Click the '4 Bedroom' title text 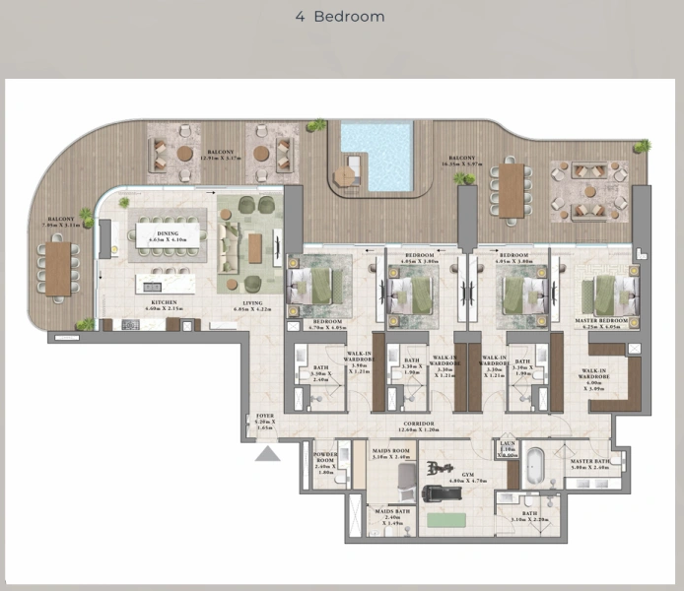pyautogui.click(x=341, y=17)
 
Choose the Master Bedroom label pyautogui.click(x=602, y=322)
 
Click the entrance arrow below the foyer pyautogui.click(x=268, y=453)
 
